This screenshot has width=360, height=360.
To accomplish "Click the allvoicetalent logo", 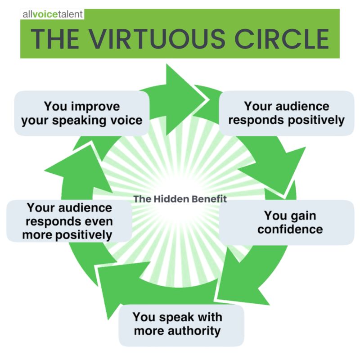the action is coord(52,14).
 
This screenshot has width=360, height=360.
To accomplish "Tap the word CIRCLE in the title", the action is coord(282,39).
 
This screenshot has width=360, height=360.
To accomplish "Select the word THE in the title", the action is coord(55,39).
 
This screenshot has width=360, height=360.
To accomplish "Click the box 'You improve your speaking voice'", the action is coord(82,113).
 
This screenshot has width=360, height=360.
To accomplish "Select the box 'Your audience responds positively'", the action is coord(287,113).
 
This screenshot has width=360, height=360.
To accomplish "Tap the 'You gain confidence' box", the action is coord(287,222).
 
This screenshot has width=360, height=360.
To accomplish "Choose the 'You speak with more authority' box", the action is coord(181,325).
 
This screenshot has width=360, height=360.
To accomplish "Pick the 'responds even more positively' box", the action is coord(69,221).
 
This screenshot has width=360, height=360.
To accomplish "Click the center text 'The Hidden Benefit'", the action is coord(180,199).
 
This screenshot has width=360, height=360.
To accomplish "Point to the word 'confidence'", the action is coord(290,229).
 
